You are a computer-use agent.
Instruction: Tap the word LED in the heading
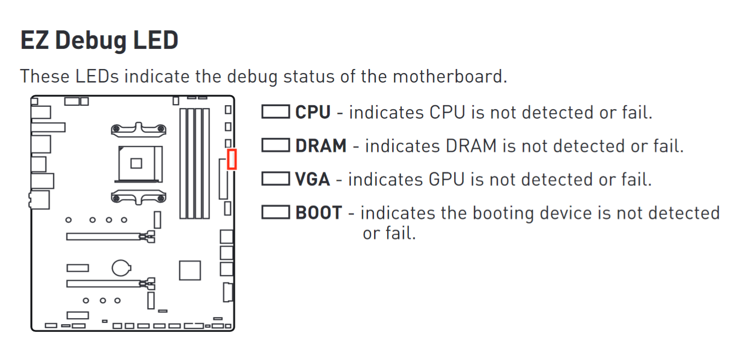point(156,40)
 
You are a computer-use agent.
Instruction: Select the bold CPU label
point(313,112)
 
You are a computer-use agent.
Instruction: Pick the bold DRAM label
point(321,146)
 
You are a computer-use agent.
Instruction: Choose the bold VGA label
point(313,179)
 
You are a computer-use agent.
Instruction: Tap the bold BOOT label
point(318,213)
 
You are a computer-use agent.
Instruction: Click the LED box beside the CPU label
point(275,112)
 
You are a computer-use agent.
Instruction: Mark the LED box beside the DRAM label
point(275,146)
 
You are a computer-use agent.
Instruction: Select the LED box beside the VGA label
point(275,179)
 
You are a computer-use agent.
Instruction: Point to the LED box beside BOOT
point(275,212)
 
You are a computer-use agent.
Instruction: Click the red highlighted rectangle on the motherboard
point(232,159)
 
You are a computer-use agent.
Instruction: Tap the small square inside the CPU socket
point(136,163)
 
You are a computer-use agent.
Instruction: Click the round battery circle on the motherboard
point(121,267)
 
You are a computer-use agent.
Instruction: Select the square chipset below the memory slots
point(190,270)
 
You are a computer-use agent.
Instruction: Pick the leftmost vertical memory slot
point(183,163)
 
